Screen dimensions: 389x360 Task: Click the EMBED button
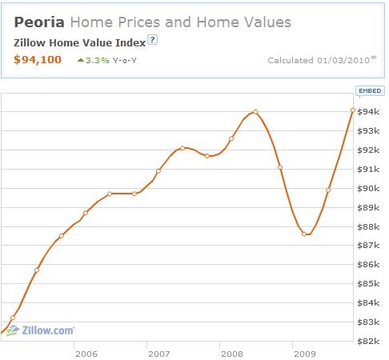point(370,90)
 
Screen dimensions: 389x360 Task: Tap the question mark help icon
point(152,40)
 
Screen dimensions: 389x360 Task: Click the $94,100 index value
point(38,59)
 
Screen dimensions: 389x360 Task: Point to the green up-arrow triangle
point(81,60)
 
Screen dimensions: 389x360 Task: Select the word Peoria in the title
point(39,22)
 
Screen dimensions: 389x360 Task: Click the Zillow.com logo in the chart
point(40,330)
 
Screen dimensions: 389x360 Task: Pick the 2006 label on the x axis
point(86,354)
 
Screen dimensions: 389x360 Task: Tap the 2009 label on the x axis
point(305,354)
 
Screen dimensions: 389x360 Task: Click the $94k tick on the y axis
point(368,111)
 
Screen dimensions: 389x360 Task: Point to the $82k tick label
point(368,341)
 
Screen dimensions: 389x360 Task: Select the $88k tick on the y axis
point(368,226)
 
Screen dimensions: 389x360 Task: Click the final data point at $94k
point(353,110)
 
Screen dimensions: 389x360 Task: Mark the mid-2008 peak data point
point(255,112)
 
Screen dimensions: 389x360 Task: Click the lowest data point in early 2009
point(304,234)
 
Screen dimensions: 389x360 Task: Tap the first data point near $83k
point(13,318)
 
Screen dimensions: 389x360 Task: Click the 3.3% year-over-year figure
point(98,61)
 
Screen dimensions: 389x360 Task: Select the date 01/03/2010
point(343,60)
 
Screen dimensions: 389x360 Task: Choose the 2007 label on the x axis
point(159,354)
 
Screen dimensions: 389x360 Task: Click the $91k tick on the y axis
point(368,169)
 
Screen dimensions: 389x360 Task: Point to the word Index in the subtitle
point(130,42)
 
